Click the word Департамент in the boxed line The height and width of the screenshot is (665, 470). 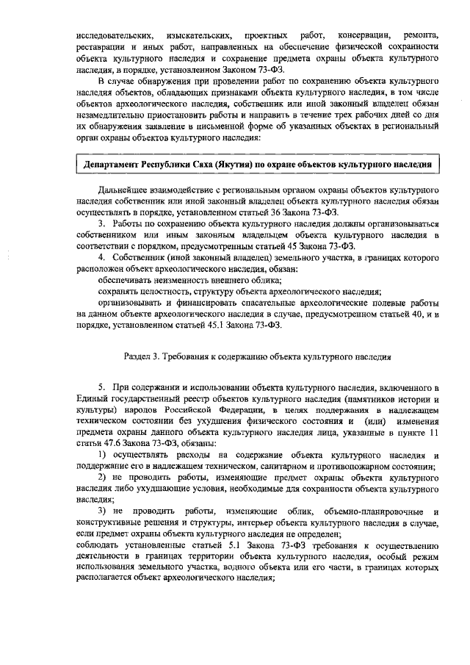coord(115,162)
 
